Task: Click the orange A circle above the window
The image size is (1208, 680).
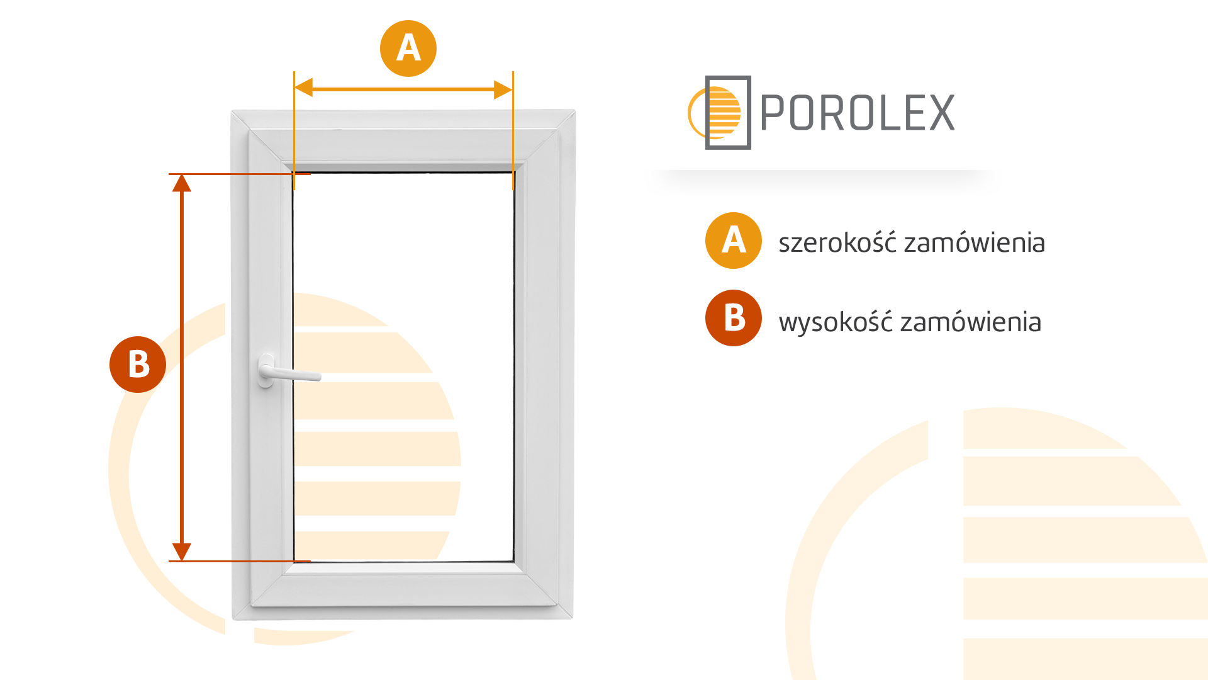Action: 408,48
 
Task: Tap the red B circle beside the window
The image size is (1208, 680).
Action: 138,365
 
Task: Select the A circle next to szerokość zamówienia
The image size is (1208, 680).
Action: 734,241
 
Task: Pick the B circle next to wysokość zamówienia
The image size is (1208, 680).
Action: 734,318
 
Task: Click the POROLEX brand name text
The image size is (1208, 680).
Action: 858,113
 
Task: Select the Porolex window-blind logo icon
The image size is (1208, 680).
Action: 720,113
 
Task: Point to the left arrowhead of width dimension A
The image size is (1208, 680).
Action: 303,89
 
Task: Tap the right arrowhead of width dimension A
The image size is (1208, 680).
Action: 503,89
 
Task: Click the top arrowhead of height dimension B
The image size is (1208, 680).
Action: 182,183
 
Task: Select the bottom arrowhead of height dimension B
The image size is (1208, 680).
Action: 182,552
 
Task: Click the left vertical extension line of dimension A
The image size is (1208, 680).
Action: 294,130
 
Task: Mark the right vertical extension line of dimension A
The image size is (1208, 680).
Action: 513,130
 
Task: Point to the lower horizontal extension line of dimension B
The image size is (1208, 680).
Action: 240,561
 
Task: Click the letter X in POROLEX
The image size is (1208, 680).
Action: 942,113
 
